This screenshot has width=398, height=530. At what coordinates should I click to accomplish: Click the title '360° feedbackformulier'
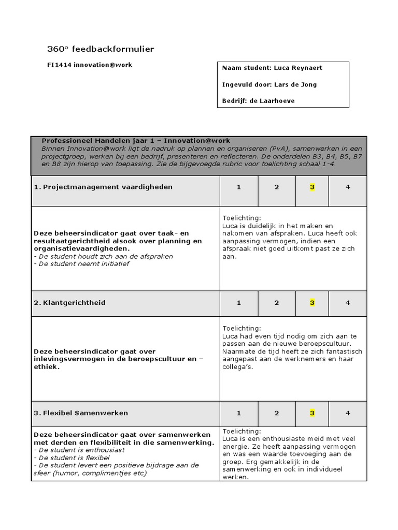[x=101, y=49]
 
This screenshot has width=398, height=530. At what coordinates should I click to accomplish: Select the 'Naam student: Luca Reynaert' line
[x=272, y=68]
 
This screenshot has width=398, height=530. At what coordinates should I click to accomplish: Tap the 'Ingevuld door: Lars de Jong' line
[x=269, y=84]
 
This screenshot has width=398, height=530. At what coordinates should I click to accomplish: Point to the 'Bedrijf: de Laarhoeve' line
[x=258, y=101]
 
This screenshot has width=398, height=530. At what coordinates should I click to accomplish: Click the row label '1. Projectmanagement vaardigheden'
[x=103, y=187]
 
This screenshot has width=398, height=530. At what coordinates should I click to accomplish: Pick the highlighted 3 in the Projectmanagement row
[x=312, y=187]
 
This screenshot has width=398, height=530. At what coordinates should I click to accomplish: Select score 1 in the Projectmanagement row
[x=239, y=187]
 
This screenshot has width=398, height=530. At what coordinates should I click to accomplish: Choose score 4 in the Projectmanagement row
[x=348, y=187]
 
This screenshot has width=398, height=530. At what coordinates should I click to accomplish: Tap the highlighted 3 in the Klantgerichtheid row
[x=312, y=302]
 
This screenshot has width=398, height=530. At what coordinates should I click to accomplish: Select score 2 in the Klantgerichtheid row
[x=277, y=302]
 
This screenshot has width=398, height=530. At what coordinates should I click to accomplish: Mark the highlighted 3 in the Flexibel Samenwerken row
[x=312, y=413]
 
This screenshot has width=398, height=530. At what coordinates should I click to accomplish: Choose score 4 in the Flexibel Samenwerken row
[x=348, y=413]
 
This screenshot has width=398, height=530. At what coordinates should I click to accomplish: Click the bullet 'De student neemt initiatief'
[x=81, y=263]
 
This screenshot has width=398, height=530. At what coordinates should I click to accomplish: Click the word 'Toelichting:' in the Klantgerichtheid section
[x=242, y=328]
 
